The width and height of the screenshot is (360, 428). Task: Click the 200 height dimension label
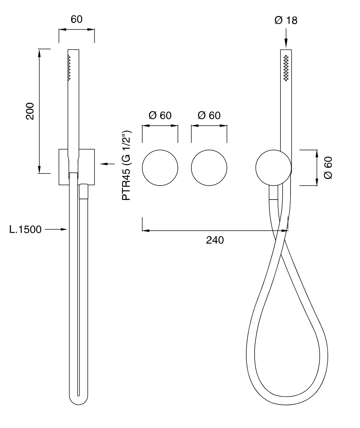30,111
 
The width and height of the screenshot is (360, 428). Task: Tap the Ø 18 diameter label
286,21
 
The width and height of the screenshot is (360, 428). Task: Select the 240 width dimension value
215,240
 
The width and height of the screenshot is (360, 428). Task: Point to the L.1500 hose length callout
25,229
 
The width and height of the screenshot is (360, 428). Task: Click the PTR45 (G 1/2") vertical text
126,165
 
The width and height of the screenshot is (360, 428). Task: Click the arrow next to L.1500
56,229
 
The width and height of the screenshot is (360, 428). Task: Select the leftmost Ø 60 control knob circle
160,168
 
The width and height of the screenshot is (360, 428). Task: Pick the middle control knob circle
209,168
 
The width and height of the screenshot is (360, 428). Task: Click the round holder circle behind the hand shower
273,168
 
